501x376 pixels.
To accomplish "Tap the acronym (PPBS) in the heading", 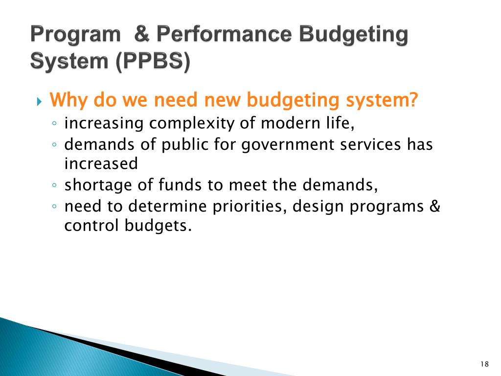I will pos(153,62).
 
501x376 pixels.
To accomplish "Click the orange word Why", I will pos(69,100).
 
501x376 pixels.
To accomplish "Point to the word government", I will pos(288,145).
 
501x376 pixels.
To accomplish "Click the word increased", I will pos(101,164).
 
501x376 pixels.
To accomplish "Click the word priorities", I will pos(250,207).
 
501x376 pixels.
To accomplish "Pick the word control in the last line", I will pos(89,226).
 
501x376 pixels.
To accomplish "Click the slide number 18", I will pos(484,364).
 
